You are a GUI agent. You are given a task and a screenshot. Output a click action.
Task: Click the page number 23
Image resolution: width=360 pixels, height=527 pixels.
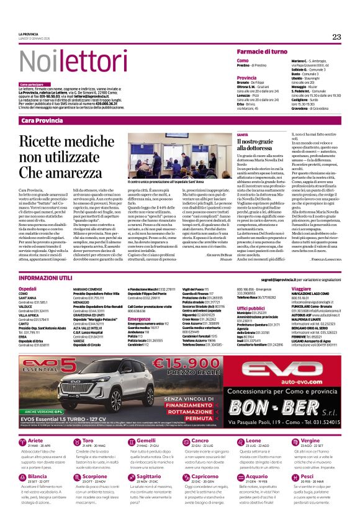tap(336, 37)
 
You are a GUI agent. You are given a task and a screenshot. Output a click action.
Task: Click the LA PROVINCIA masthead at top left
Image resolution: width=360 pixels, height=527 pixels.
tap(29, 34)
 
